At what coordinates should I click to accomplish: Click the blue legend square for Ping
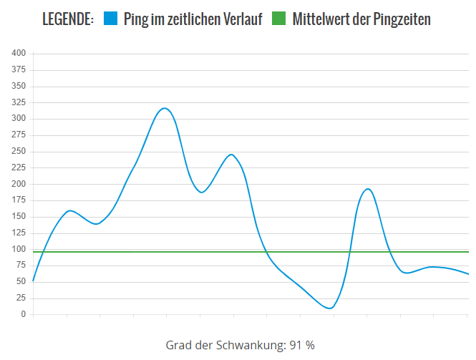click(x=110, y=19)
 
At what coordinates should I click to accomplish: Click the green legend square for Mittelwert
click(x=279, y=19)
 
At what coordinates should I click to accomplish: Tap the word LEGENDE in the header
click(x=68, y=19)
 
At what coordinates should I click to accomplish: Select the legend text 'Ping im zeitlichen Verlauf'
click(x=193, y=19)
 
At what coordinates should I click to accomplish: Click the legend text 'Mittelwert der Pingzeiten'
click(x=361, y=19)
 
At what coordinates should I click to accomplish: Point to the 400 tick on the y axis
click(x=19, y=54)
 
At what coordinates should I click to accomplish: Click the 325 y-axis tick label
click(x=19, y=102)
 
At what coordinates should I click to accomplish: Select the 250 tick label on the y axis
click(x=19, y=152)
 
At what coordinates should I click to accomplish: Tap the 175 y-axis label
click(x=19, y=200)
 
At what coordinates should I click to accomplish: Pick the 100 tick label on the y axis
click(x=19, y=250)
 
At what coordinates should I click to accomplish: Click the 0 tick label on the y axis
click(x=23, y=315)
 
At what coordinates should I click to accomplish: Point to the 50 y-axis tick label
click(x=21, y=282)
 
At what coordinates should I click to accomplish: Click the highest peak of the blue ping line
click(x=165, y=108)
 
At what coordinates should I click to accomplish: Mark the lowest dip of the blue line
click(x=329, y=308)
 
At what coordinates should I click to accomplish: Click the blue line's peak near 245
click(x=231, y=155)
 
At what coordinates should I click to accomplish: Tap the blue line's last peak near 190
click(x=367, y=189)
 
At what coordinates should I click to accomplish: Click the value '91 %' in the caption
click(x=302, y=345)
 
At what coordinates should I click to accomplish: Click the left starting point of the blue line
click(x=34, y=281)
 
